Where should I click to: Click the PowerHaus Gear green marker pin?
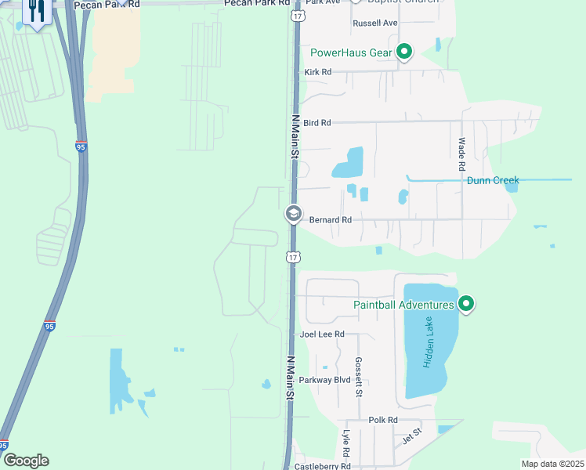404,52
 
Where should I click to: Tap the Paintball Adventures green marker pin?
466,303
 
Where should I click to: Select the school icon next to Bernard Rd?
293,214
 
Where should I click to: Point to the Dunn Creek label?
493,180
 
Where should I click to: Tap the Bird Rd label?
317,123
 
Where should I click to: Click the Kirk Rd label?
317,72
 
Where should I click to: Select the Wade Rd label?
462,154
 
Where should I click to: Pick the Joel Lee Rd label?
322,334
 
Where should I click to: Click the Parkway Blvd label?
331,380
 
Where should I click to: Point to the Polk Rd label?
383,421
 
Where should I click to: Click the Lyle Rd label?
345,443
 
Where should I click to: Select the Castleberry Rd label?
323,466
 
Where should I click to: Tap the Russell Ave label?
375,23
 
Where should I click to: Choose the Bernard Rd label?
331,220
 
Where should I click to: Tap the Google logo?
26,461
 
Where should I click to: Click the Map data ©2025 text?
552,464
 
